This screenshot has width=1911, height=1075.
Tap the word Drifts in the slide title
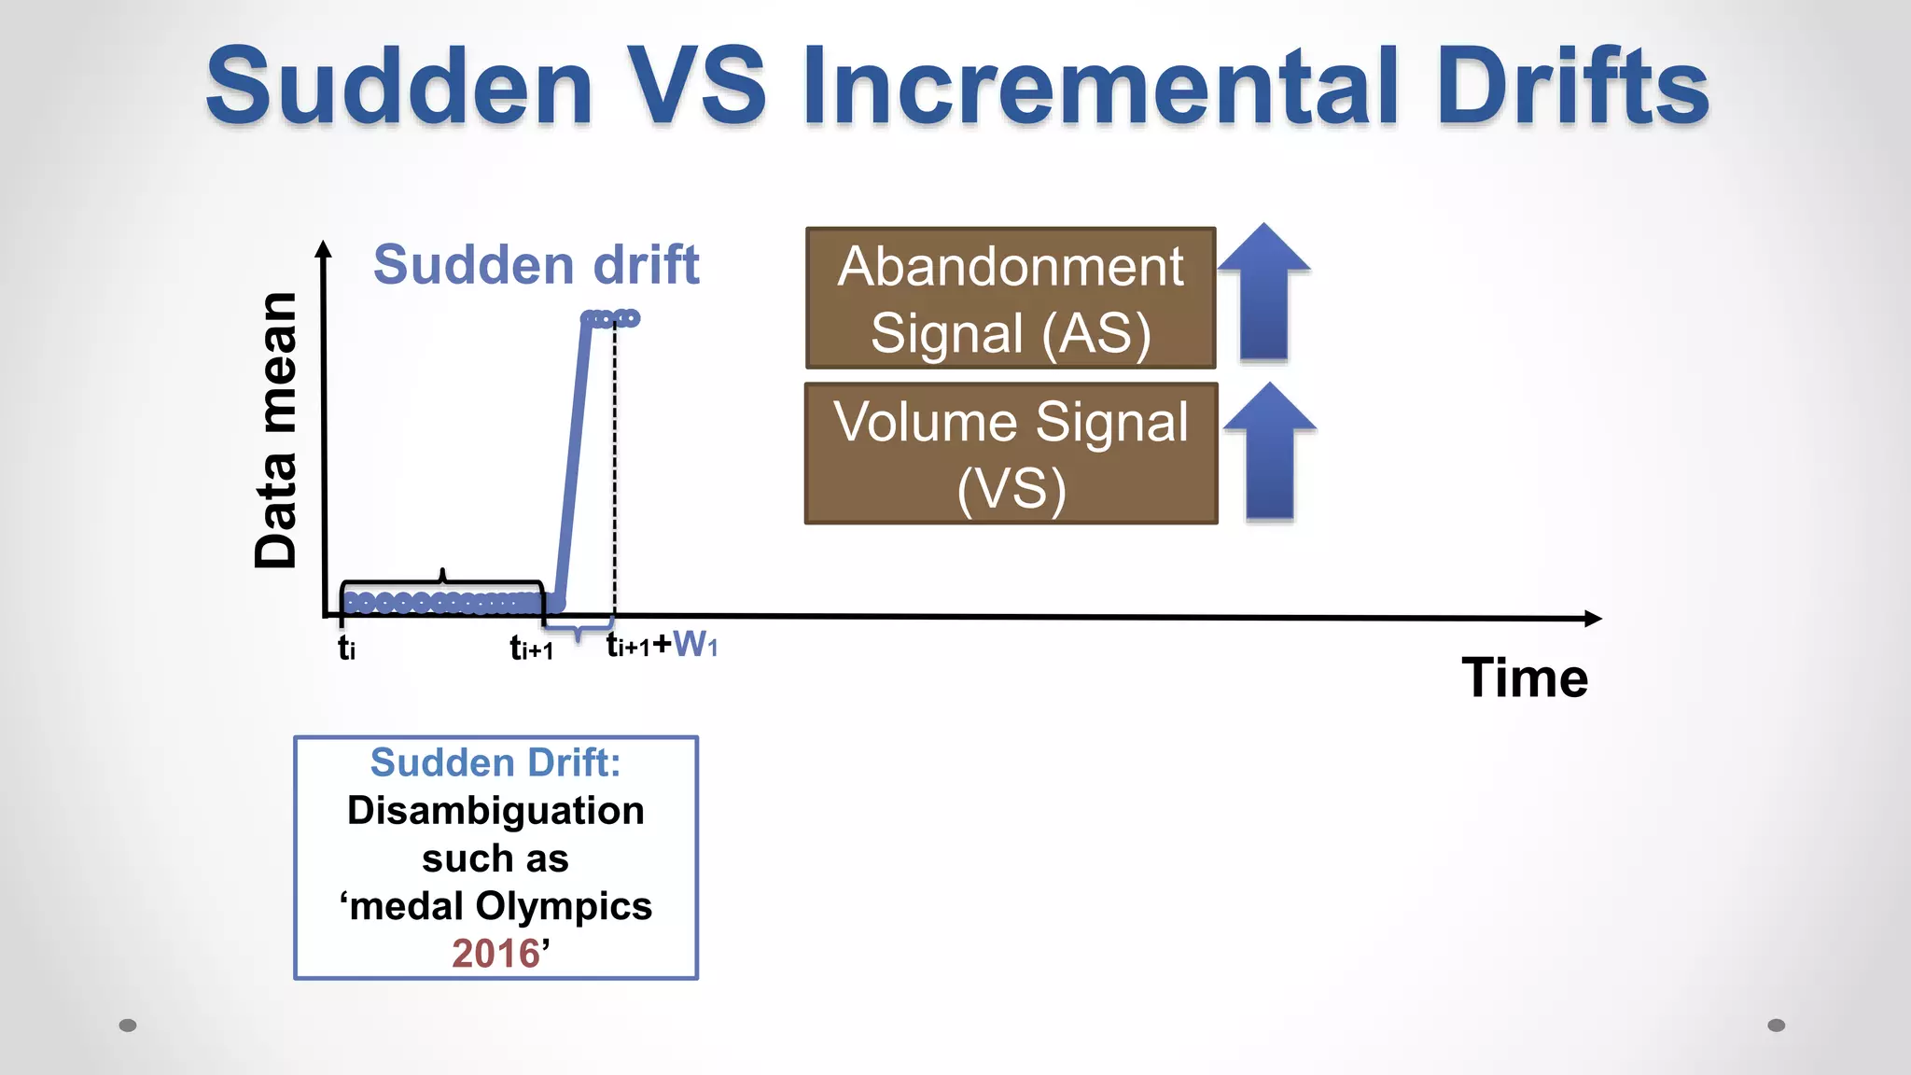(1571, 86)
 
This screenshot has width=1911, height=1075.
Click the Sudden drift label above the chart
(536, 265)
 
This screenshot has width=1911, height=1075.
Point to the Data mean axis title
(276, 429)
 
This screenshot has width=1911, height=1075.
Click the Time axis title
(1524, 677)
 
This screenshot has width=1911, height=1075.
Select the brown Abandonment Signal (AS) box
(1011, 299)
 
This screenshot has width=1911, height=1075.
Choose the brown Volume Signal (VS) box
(1011, 454)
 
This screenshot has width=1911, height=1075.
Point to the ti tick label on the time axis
(346, 647)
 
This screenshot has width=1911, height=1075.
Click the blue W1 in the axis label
(695, 644)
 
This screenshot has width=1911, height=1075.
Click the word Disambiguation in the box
(495, 810)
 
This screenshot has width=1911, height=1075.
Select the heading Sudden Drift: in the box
(495, 762)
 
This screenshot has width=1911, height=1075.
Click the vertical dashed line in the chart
(614, 467)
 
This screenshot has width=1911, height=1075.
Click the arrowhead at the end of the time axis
(1593, 618)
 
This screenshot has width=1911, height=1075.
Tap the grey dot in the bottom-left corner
(128, 1026)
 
